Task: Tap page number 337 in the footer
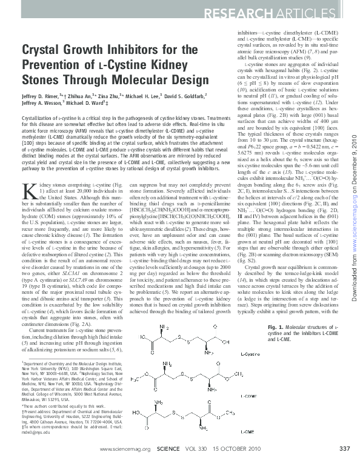pyautogui.click(x=345, y=449)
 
